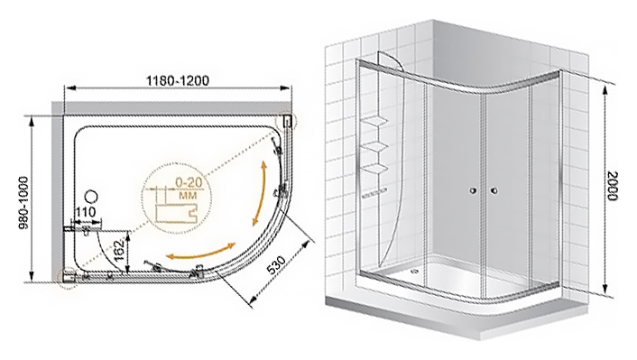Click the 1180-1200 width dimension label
[178, 81]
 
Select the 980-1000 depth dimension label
[23, 208]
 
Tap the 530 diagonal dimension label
[276, 265]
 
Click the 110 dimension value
[86, 212]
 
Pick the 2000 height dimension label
[611, 185]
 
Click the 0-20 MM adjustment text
[189, 189]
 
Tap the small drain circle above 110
[93, 198]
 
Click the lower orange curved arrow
[202, 252]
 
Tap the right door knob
[494, 190]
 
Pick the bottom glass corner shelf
[374, 168]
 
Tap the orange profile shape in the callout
[176, 213]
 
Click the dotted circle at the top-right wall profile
[286, 121]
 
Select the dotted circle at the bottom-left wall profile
[67, 277]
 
